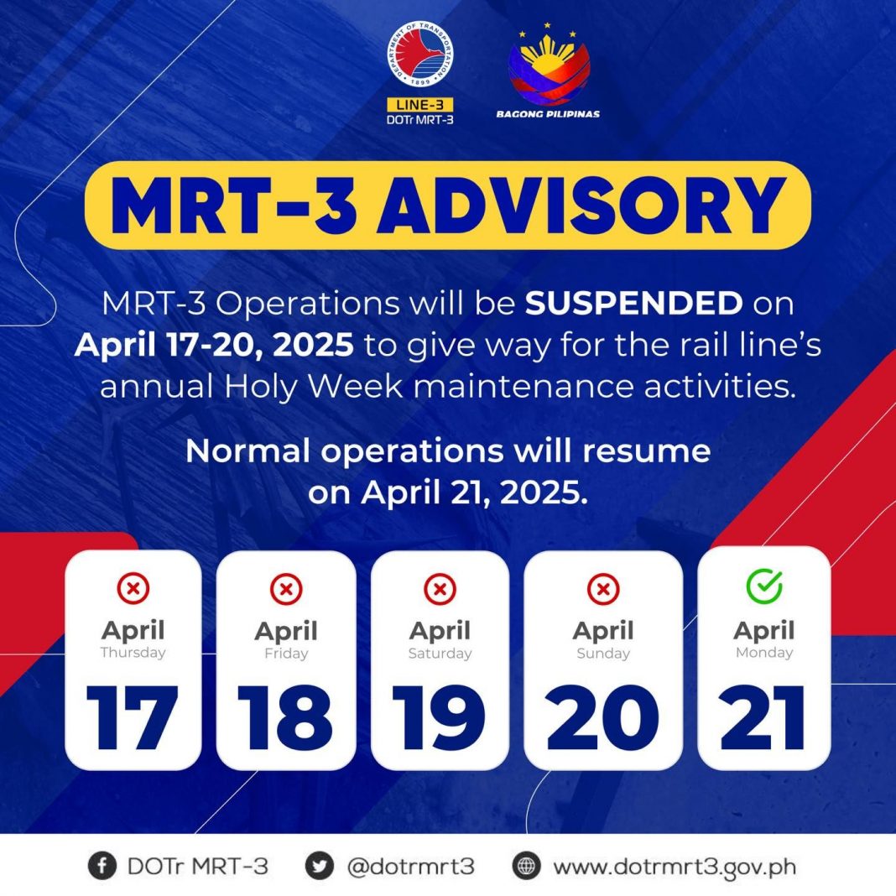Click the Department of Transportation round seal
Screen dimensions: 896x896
click(x=420, y=55)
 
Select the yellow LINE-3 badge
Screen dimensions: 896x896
click(x=420, y=105)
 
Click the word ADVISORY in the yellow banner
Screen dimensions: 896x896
click(x=581, y=206)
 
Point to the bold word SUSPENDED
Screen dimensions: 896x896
click(x=633, y=303)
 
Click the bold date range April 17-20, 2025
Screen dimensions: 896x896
click(x=214, y=345)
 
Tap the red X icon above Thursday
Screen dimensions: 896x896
click(x=133, y=588)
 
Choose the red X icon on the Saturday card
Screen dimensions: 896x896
click(x=440, y=589)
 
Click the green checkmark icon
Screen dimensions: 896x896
click(x=764, y=586)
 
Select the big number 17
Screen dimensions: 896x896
click(x=133, y=717)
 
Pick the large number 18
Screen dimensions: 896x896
click(x=285, y=717)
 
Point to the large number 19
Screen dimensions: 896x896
click(x=439, y=717)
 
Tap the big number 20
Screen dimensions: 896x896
click(x=603, y=717)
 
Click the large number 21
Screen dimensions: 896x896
click(x=763, y=717)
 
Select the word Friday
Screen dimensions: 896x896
click(x=286, y=654)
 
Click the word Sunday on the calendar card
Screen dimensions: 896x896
click(x=603, y=654)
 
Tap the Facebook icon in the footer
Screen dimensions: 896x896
click(x=102, y=867)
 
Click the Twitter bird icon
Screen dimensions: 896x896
click(x=319, y=867)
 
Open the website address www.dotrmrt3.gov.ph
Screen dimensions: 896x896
click(x=675, y=867)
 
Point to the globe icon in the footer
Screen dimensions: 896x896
click(x=526, y=867)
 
